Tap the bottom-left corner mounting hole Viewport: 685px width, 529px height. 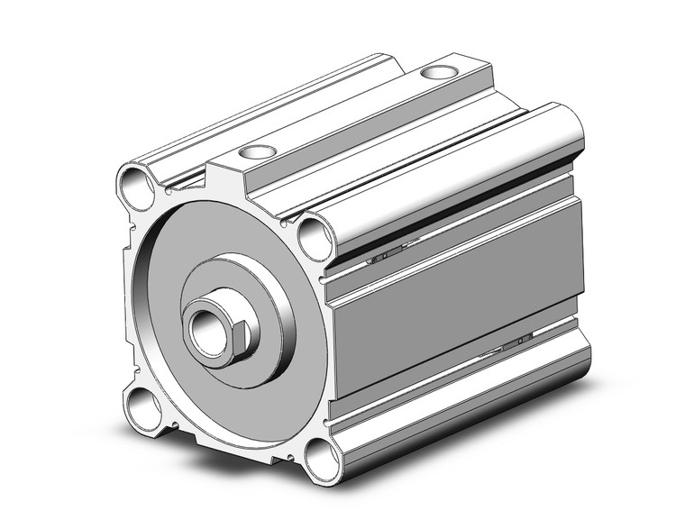[x=144, y=408]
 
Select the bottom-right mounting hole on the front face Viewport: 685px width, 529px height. [x=319, y=457]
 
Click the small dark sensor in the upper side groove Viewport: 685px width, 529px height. [x=383, y=256]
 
